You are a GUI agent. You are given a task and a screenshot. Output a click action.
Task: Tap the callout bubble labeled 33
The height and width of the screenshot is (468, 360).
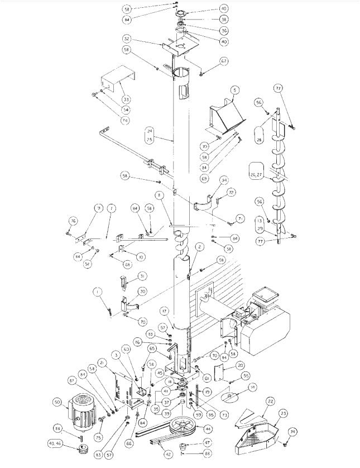(126, 99)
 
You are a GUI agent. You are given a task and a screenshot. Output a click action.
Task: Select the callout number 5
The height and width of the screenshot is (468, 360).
(234, 89)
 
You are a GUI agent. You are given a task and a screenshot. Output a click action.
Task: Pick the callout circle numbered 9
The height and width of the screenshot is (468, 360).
(98, 209)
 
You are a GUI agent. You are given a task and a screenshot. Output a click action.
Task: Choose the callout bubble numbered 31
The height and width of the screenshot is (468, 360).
(127, 277)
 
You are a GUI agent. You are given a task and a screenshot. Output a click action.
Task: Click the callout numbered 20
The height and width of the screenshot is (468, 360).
(240, 365)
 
